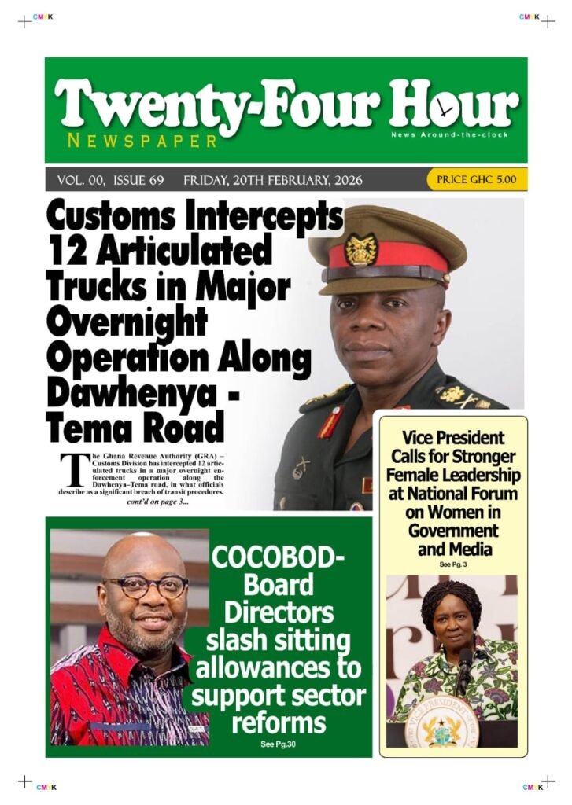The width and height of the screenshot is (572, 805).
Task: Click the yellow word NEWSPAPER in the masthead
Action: pyautogui.click(x=142, y=142)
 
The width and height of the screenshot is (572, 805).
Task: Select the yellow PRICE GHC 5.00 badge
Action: pyautogui.click(x=477, y=180)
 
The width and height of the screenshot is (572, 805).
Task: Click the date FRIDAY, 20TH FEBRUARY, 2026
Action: pyautogui.click(x=273, y=181)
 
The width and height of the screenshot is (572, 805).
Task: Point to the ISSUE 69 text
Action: pyautogui.click(x=138, y=181)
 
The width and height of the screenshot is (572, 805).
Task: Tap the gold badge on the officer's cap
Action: pyautogui.click(x=361, y=250)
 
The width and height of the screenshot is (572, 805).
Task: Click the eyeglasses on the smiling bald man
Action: pyautogui.click(x=146, y=586)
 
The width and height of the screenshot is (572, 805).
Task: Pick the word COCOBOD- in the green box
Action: pyautogui.click(x=279, y=560)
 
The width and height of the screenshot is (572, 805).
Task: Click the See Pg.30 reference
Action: pyautogui.click(x=279, y=744)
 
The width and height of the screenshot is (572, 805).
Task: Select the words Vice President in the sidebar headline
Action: pyautogui.click(x=453, y=438)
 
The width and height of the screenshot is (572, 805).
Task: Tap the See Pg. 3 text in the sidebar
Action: pyautogui.click(x=453, y=564)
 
